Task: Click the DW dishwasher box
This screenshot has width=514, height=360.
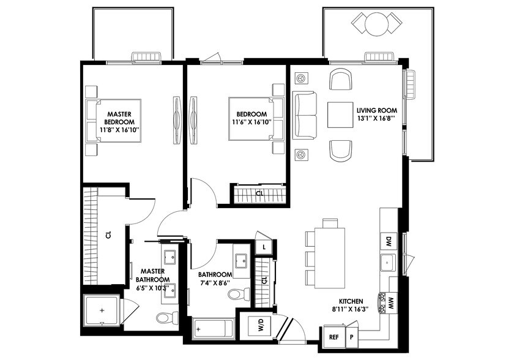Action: pos(388,241)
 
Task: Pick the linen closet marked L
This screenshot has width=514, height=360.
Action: pos(263,246)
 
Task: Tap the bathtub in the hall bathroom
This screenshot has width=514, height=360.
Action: pos(214,330)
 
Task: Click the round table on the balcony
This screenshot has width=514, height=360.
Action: pos(376,24)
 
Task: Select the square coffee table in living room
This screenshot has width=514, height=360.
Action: pos(340,114)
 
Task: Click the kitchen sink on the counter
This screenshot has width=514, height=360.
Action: pos(389,263)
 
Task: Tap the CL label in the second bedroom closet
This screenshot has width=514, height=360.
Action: pos(259,194)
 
